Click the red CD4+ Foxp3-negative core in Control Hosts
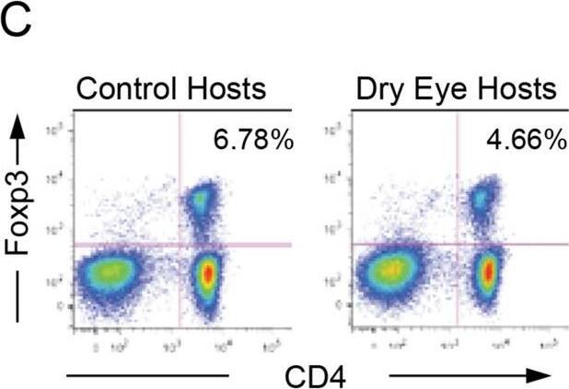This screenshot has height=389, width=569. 207,273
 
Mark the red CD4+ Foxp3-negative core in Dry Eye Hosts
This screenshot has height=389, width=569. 488,272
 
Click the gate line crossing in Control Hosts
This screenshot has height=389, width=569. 179,245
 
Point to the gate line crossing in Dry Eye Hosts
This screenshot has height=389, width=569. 457,245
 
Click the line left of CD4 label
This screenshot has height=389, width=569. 147,375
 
